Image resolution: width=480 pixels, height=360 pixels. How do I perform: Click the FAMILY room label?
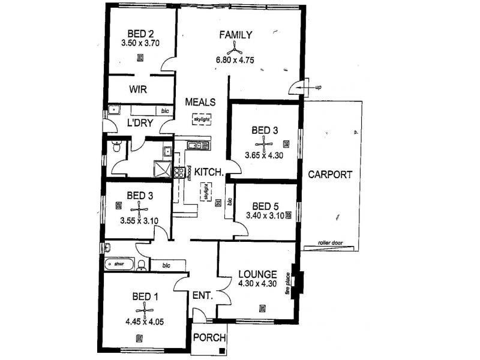coord(235,34)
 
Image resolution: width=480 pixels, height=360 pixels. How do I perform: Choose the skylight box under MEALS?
coord(202,120)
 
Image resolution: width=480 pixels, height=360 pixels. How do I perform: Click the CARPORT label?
coord(330,175)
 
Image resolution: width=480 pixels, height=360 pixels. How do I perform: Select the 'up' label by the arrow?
coord(319,88)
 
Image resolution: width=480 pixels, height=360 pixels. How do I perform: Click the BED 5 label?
coord(266,205)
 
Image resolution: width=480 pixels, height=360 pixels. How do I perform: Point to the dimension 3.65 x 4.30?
coord(263,155)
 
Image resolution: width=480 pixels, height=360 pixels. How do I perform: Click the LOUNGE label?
coord(257,274)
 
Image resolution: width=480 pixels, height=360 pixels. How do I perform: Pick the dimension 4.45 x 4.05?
coord(145,322)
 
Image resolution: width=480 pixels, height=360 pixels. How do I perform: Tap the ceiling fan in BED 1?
coord(145,309)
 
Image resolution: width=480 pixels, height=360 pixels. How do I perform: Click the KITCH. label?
coord(210,172)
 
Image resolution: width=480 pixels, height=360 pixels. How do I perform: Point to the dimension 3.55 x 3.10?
coord(139,220)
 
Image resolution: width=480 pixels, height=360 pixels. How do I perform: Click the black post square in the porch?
coord(221,352)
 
